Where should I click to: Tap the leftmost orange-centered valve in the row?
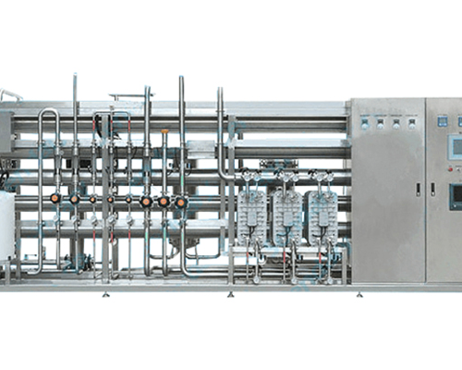55,198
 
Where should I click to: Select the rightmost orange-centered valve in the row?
181,201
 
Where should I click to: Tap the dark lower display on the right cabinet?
455,196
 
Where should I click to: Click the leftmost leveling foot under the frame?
104,294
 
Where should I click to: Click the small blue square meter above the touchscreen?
443,120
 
